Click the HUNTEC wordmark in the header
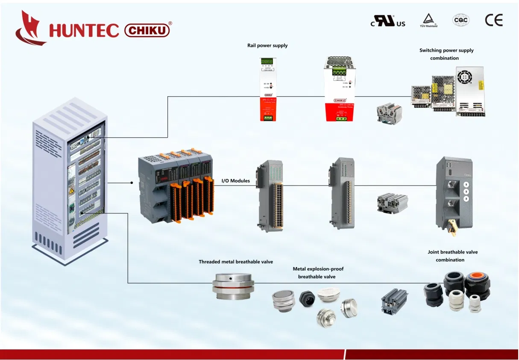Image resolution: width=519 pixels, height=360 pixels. click(84, 30)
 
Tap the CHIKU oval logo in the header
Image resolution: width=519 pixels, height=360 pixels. click(147, 30)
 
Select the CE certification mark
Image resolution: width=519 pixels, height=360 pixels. click(494, 20)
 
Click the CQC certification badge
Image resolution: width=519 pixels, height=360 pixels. click(460, 20)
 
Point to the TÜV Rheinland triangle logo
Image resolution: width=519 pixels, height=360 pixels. click(428, 20)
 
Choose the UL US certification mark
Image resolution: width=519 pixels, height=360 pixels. click(388, 21)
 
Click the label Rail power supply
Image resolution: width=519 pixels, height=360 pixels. click(267, 46)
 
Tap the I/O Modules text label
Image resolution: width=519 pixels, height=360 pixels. click(235, 181)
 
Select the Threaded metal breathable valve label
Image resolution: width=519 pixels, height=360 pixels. click(235, 262)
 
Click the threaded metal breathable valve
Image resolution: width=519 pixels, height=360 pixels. click(233, 286)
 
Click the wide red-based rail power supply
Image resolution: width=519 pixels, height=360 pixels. click(339, 89)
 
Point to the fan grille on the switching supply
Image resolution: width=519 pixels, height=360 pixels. click(464, 77)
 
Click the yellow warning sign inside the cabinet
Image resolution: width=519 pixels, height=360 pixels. click(72, 191)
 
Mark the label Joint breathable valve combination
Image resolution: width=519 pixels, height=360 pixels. click(452, 256)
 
